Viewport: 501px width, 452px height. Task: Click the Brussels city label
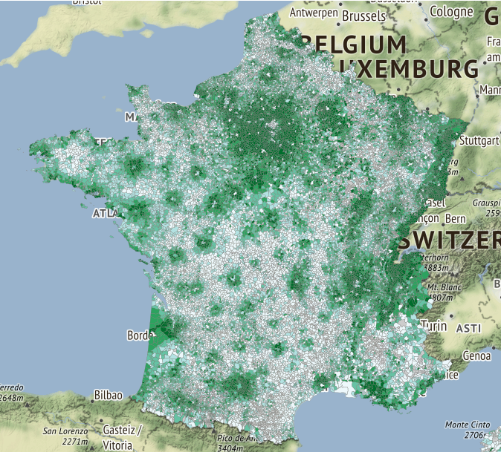(363, 15)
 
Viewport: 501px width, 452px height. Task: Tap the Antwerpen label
(314, 13)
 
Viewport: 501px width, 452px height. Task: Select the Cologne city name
(451, 11)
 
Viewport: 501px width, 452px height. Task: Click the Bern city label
(455, 219)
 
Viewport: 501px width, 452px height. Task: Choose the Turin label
(433, 326)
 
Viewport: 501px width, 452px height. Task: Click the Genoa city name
(476, 356)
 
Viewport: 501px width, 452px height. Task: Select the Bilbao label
(107, 395)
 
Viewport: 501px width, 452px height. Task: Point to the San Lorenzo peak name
(65, 431)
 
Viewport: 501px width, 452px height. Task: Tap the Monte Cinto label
(467, 425)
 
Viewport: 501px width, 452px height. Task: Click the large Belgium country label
(358, 44)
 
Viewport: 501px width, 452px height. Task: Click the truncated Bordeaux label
(139, 335)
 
